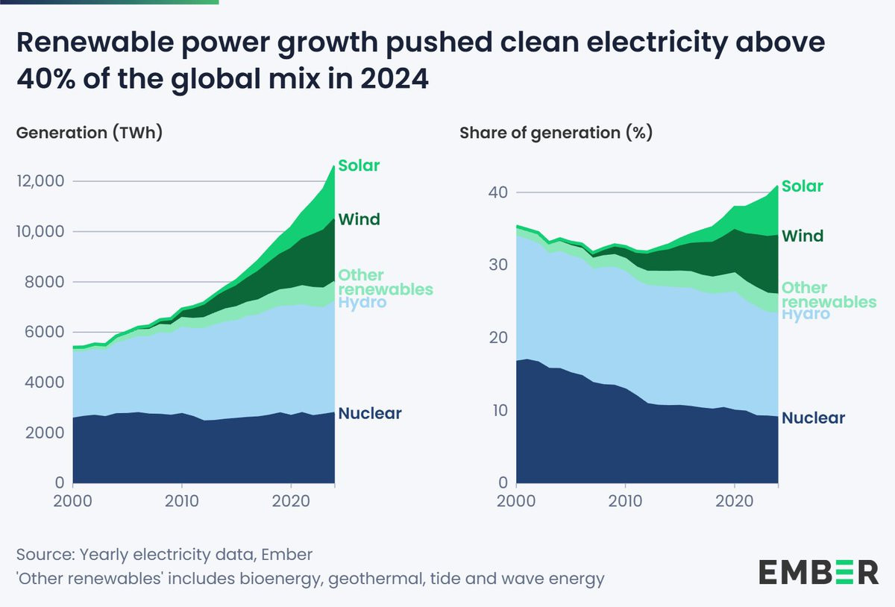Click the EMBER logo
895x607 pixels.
[818, 572]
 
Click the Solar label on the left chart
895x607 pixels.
[359, 166]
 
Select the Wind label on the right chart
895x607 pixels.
[803, 236]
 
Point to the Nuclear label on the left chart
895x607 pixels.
[370, 413]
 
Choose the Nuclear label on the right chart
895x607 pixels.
[813, 418]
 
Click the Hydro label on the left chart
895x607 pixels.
[362, 303]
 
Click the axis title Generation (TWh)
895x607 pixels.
[89, 133]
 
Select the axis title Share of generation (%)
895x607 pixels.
[556, 133]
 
